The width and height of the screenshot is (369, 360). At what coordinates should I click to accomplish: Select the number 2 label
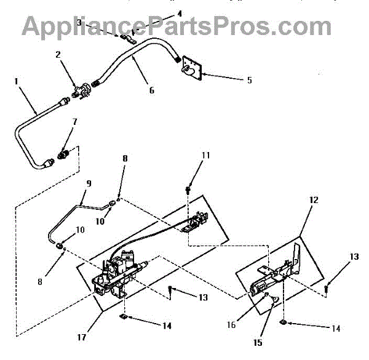click(x=58, y=55)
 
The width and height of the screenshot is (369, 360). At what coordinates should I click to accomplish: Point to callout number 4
click(x=162, y=13)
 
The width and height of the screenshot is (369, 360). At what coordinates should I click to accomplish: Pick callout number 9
click(x=89, y=183)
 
